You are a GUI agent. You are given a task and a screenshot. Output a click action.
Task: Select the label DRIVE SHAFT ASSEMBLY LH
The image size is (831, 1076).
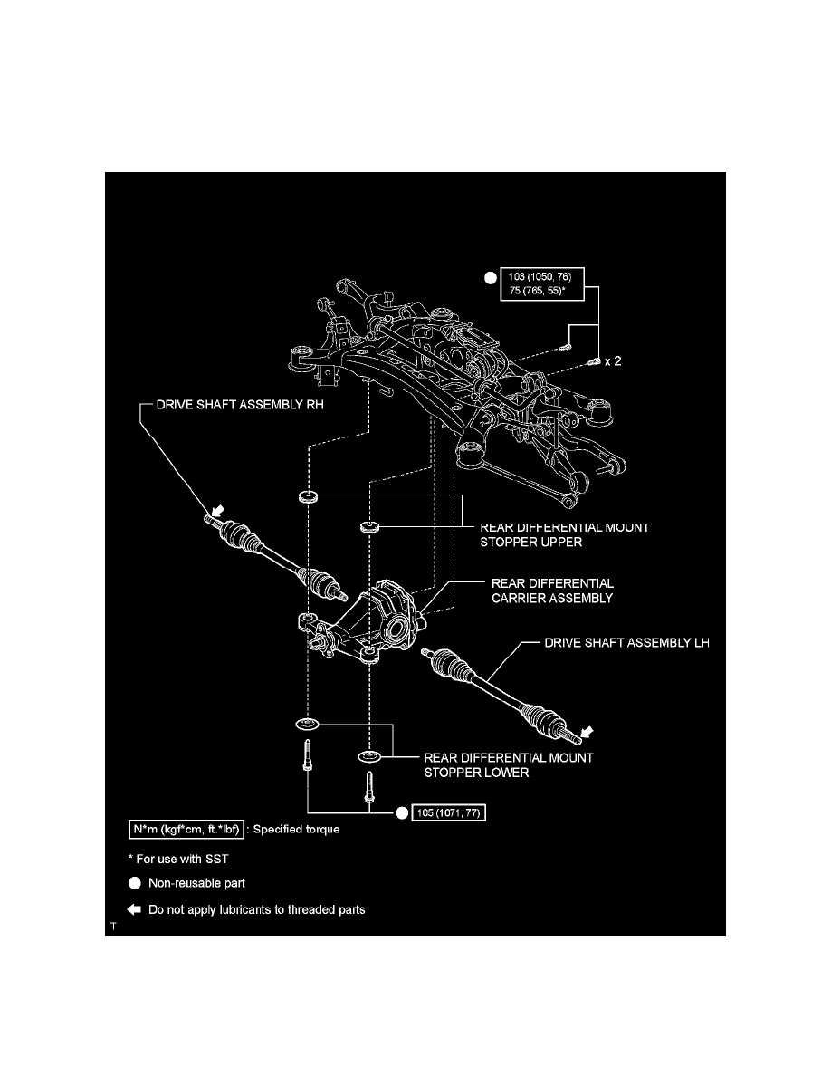(x=626, y=644)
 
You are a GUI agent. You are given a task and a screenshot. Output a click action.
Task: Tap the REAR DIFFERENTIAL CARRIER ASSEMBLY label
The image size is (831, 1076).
(x=553, y=591)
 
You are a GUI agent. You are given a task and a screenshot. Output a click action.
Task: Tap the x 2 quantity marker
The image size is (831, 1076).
(x=614, y=360)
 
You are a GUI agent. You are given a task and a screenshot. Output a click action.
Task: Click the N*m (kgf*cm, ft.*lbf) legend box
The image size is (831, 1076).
(x=185, y=830)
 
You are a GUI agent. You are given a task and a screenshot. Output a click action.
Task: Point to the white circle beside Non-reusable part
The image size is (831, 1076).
(x=134, y=882)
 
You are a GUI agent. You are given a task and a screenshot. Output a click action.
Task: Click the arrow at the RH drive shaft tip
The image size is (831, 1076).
(x=217, y=512)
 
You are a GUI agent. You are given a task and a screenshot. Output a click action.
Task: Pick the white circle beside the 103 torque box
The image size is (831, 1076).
(x=490, y=279)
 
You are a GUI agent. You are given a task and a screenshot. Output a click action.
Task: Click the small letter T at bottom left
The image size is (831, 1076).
(x=113, y=927)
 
